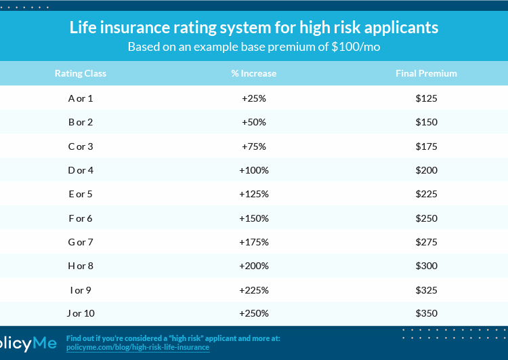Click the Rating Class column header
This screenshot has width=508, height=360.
(x=81, y=73)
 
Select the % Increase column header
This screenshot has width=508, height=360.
(x=254, y=73)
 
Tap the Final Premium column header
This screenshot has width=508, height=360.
(x=426, y=73)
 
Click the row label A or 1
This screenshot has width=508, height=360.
(x=81, y=98)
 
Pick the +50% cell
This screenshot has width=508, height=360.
(x=254, y=122)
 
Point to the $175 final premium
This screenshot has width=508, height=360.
(x=427, y=146)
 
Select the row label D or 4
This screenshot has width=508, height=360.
(x=81, y=170)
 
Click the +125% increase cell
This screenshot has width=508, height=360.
(x=254, y=194)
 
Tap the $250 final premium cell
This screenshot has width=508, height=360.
(x=427, y=218)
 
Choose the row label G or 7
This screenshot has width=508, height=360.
(x=81, y=242)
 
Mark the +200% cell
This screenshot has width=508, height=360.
(x=254, y=266)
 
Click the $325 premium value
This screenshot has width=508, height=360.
(x=427, y=289)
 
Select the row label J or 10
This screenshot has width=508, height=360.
(x=81, y=313)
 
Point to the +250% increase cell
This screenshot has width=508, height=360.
(x=254, y=313)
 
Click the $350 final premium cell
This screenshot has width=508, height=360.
(x=427, y=313)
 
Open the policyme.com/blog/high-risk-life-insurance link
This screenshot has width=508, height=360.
(x=137, y=347)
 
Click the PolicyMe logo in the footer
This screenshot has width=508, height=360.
(x=27, y=343)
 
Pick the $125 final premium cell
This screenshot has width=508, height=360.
(x=427, y=98)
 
